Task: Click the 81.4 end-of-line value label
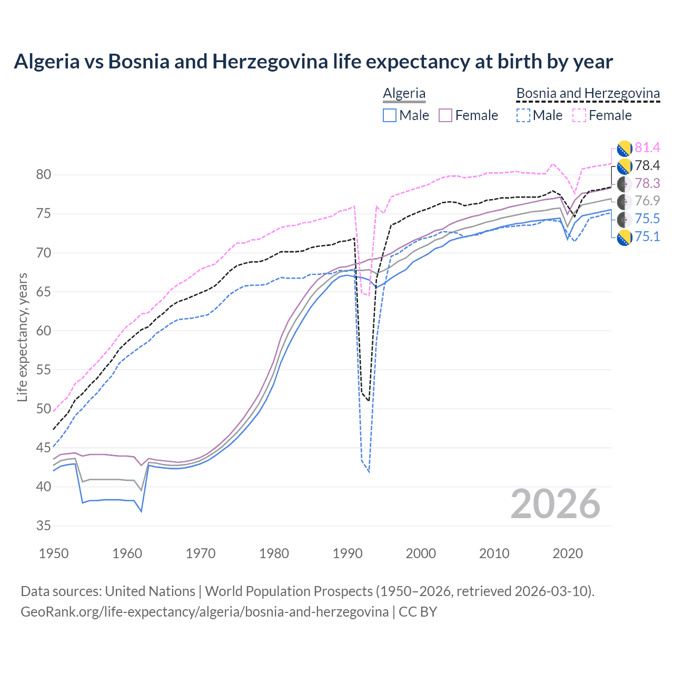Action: (647, 147)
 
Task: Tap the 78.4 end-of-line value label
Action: (647, 165)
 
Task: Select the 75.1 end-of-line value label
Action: (647, 236)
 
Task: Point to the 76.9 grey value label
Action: (647, 201)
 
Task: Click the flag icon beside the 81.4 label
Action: (624, 148)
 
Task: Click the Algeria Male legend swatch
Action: (389, 115)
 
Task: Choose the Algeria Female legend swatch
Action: (445, 115)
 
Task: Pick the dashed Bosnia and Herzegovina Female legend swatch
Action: (579, 115)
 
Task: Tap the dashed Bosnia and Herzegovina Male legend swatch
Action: (523, 115)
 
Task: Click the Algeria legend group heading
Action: (404, 93)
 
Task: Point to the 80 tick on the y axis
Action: (43, 175)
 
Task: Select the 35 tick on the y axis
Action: (43, 526)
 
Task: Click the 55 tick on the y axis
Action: (43, 370)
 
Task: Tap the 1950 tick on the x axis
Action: (54, 553)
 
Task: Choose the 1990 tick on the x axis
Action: (348, 553)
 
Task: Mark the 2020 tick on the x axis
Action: (568, 553)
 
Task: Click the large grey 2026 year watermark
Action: (555, 504)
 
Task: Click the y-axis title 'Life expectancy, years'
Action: (22, 337)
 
